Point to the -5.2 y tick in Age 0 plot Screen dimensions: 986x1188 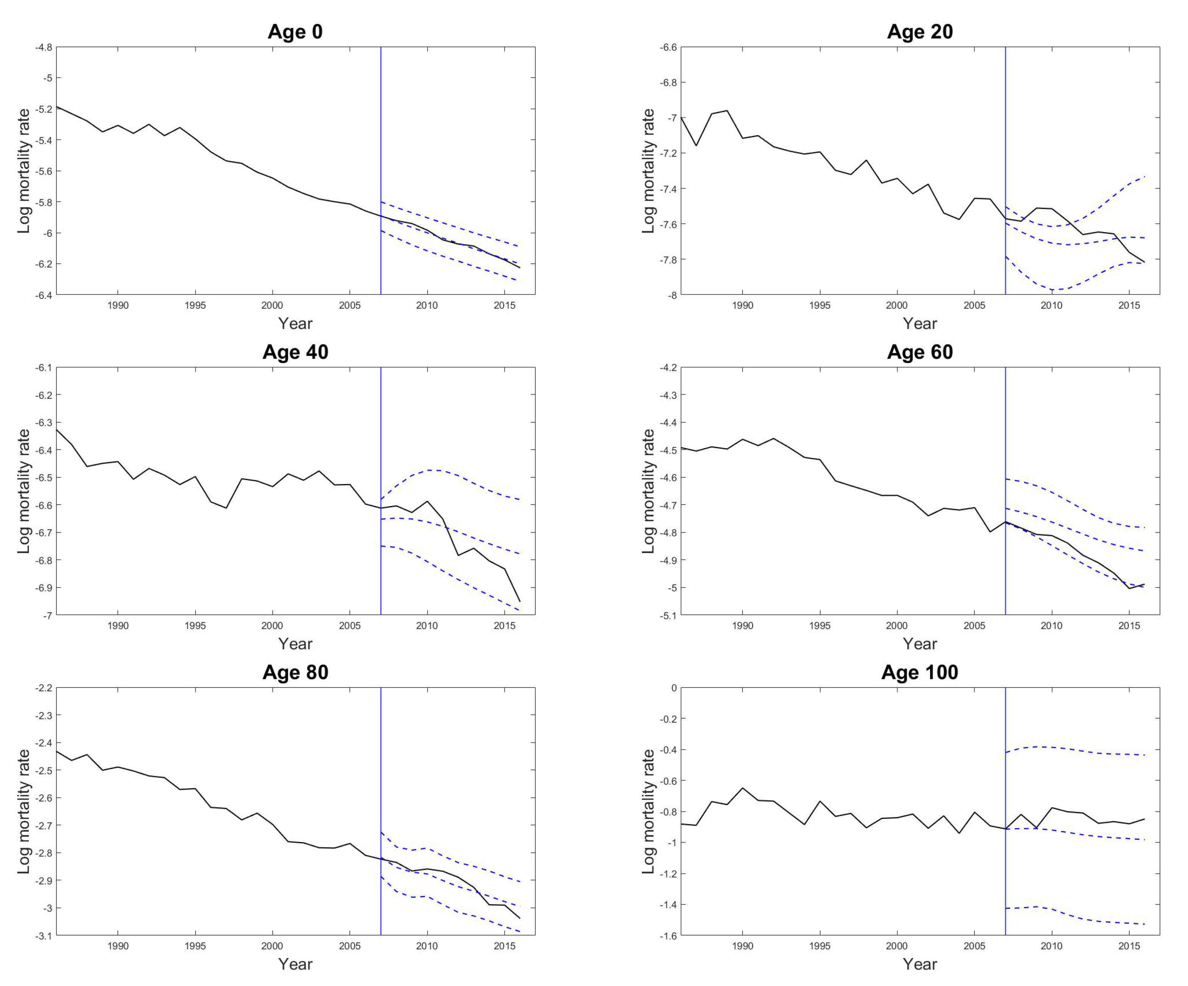tap(44, 109)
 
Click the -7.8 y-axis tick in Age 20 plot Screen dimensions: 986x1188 tap(668, 259)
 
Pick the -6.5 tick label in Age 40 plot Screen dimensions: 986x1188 tap(44, 477)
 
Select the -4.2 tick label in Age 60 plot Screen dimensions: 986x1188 tap(668, 368)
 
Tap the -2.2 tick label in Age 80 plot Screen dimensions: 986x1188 tap(44, 688)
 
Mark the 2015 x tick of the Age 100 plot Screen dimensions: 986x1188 tap(1129, 946)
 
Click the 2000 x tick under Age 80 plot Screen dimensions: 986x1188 tap(272, 946)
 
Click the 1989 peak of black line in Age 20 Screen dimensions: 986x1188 tap(727, 111)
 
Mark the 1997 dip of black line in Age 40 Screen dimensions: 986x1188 tap(226, 508)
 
